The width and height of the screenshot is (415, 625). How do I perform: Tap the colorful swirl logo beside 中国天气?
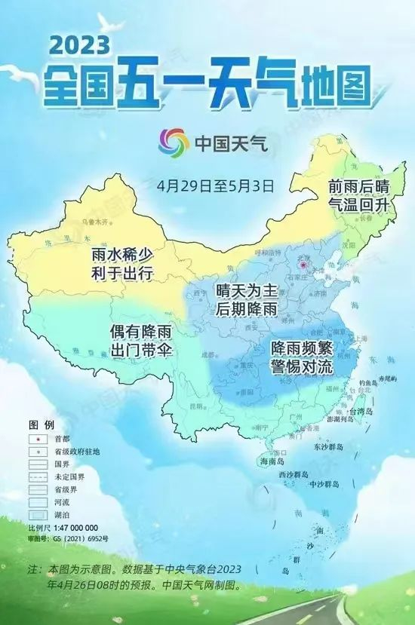coord(174,140)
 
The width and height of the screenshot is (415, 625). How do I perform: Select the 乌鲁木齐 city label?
coord(95,222)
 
